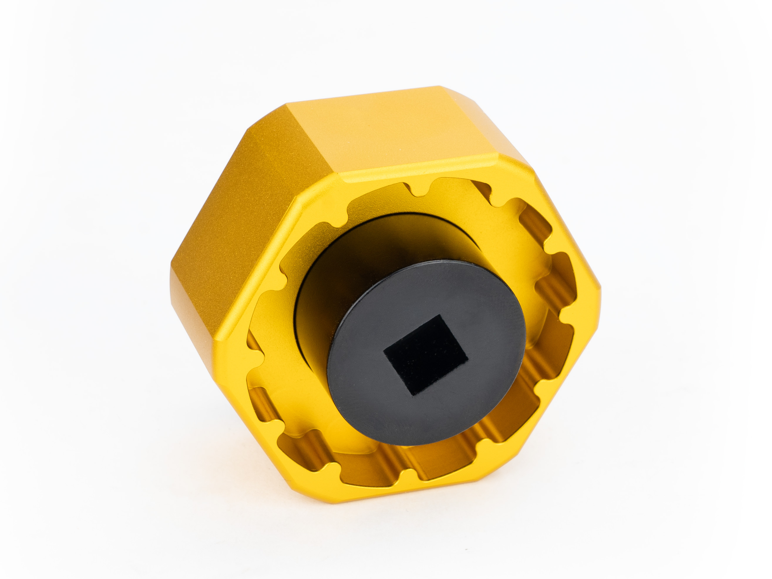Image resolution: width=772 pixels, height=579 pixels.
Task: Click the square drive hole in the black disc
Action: point(425,355)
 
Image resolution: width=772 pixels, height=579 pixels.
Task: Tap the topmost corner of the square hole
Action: point(440,315)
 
